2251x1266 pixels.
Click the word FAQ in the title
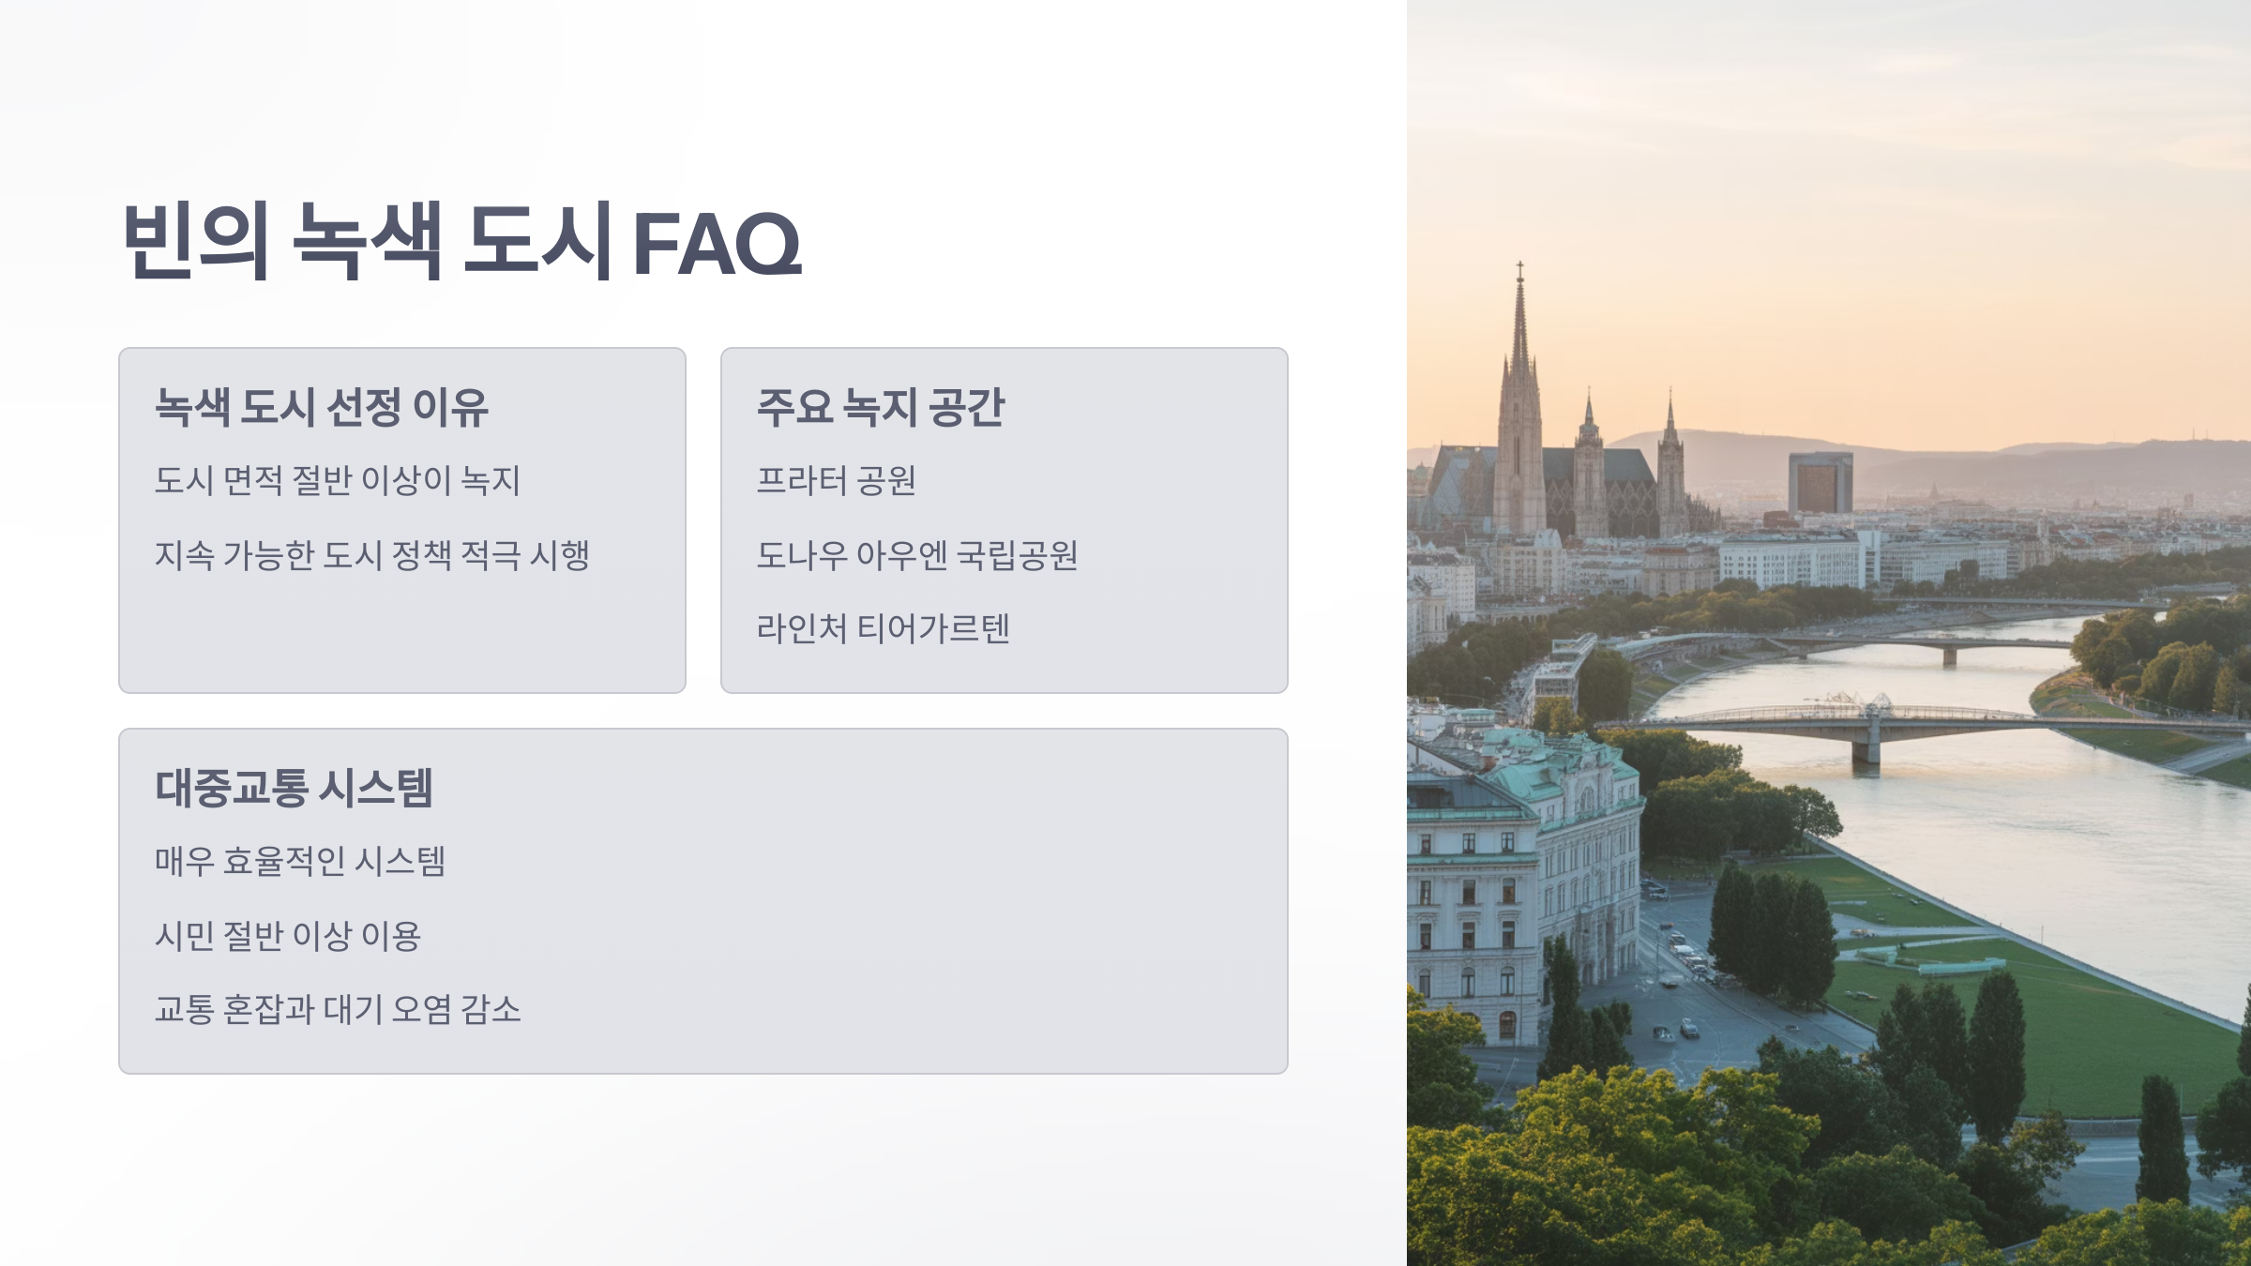[718, 244]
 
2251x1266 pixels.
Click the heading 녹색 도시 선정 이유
[322, 408]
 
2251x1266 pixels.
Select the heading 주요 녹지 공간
[881, 408]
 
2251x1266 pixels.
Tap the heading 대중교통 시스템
[294, 788]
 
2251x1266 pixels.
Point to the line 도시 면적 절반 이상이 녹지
[338, 480]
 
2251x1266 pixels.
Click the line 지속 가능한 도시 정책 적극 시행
[372, 555]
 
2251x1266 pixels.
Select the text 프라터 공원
[836, 480]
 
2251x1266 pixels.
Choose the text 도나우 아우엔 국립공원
[917, 555]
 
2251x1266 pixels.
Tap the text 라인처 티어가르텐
[883, 628]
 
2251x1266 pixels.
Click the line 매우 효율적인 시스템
[300, 861]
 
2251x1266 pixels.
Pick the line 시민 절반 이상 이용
[288, 935]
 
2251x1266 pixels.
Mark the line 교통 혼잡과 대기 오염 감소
[338, 1009]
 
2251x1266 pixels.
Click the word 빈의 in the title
[196, 241]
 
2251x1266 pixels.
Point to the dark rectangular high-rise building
[1820, 482]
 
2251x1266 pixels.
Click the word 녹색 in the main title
[367, 241]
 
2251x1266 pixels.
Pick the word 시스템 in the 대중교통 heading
[375, 788]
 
